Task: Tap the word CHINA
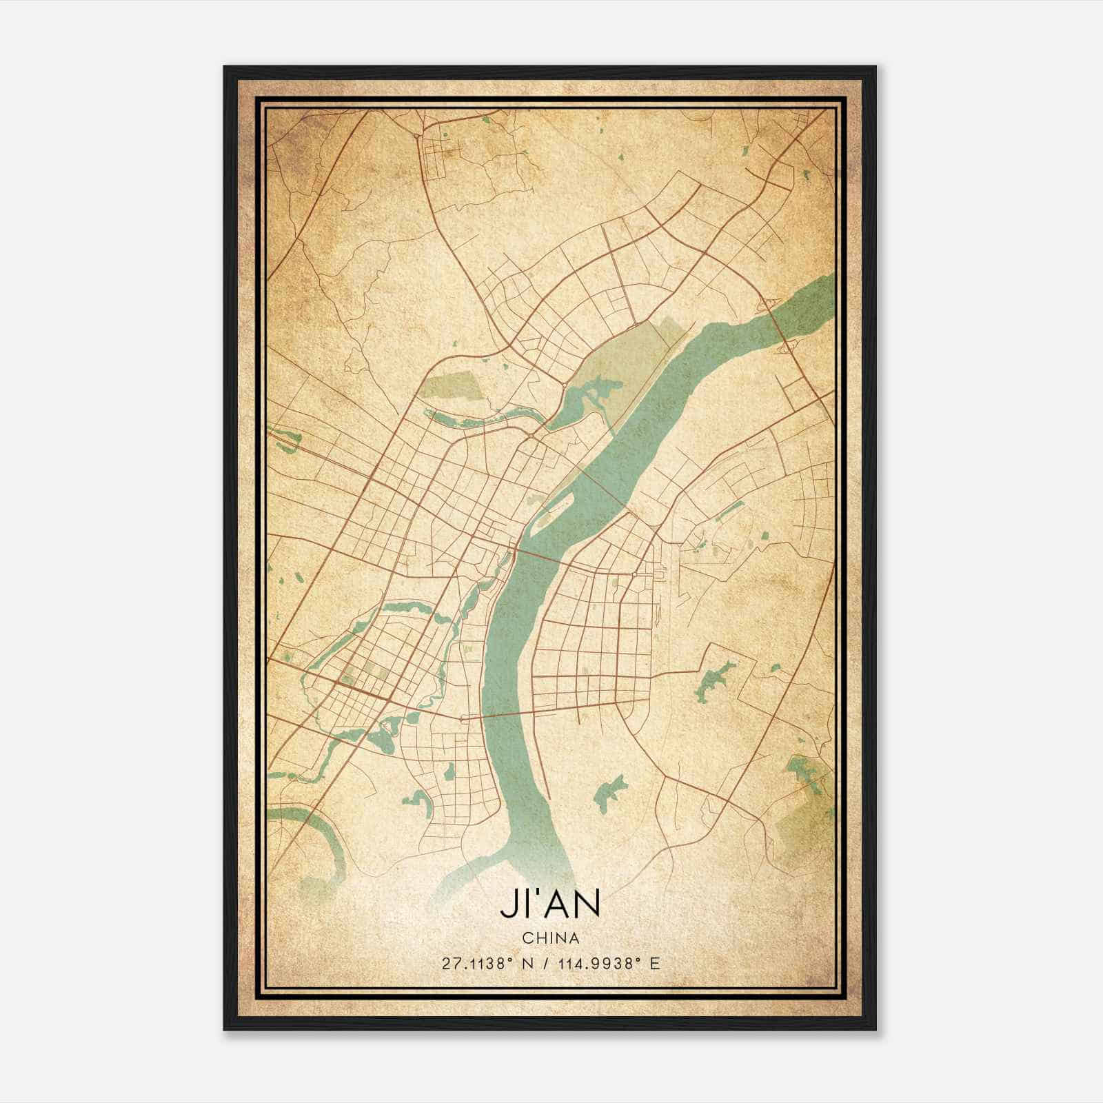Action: [x=550, y=938]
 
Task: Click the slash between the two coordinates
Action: [x=545, y=963]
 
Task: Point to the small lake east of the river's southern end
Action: [x=609, y=792]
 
